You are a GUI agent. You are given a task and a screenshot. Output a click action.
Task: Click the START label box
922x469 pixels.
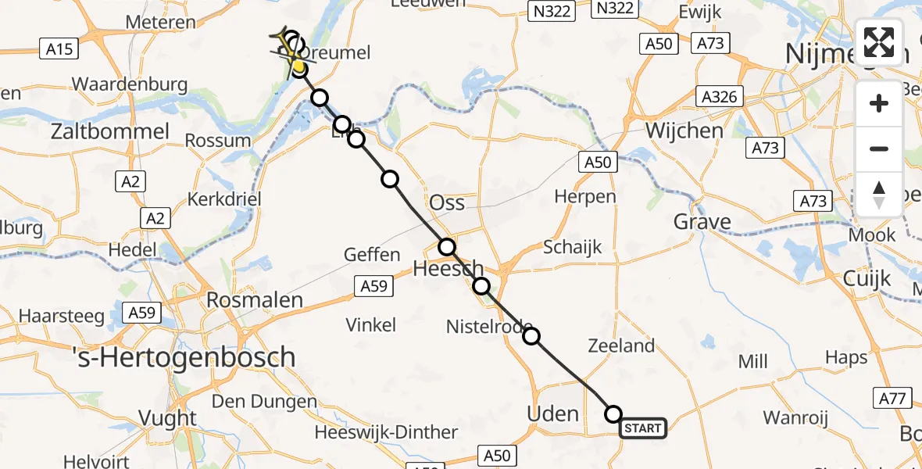pos(643,428)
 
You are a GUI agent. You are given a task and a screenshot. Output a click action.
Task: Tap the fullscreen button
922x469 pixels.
pos(879,42)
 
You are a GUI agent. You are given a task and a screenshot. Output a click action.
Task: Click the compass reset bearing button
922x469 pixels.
pos(879,195)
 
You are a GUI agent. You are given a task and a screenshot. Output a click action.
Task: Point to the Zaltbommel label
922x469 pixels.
pos(109,131)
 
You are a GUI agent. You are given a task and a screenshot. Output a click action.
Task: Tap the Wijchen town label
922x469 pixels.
pos(684,130)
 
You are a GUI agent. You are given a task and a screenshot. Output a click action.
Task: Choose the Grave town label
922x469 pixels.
pos(702,221)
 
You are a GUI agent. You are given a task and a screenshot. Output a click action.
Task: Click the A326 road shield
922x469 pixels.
pos(719,97)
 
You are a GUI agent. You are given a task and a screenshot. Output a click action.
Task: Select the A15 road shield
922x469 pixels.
pos(59,49)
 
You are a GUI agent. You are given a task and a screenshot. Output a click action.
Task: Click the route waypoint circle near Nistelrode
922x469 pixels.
pos(531,336)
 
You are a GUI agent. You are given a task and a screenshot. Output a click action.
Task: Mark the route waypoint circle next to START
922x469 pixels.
pos(613,414)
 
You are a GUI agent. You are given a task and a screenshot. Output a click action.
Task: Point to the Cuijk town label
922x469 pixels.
pos(867,277)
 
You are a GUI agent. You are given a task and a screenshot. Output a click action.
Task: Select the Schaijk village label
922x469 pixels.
pos(573,247)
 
